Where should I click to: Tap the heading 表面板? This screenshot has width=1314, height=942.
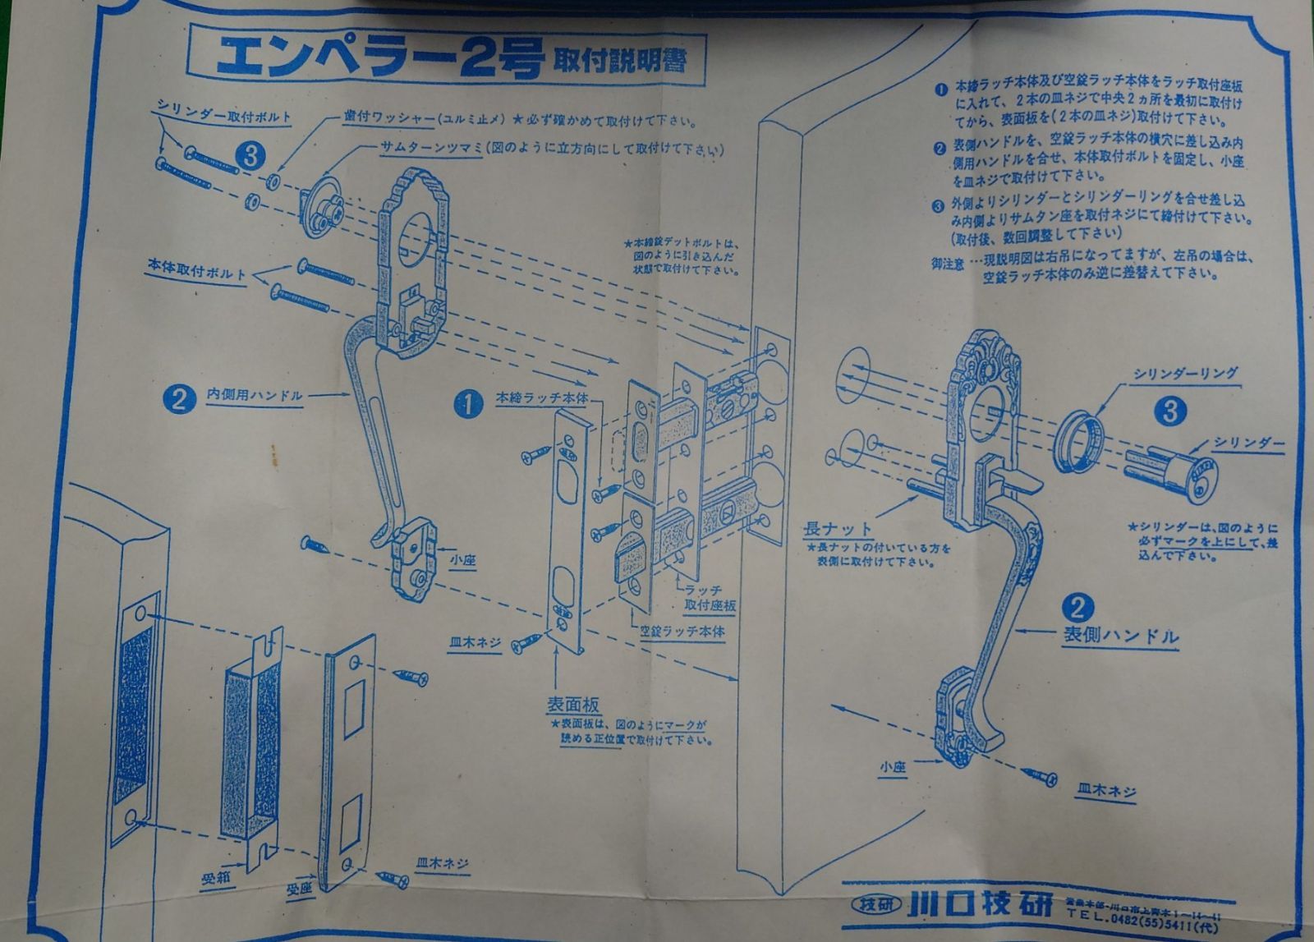[574, 705]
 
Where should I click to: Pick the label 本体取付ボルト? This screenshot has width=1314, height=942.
[195, 271]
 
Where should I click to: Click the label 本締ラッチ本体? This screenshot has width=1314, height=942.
[542, 397]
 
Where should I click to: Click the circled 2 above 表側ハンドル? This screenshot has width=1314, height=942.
[1077, 608]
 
